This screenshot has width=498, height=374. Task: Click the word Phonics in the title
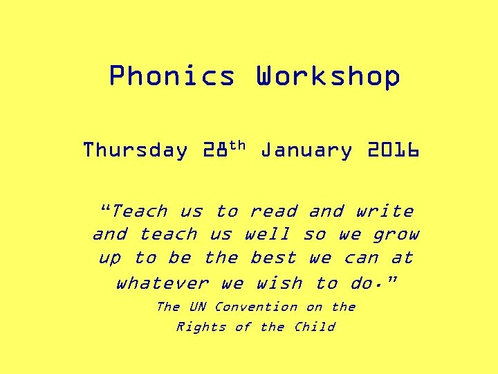click(172, 76)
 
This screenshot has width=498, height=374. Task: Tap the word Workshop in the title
click(328, 76)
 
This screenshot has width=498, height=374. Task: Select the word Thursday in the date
click(135, 150)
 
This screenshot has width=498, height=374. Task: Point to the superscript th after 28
click(237, 145)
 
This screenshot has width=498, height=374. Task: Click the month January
click(306, 150)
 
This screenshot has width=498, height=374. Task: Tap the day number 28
click(215, 150)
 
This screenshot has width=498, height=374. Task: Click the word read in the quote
click(273, 211)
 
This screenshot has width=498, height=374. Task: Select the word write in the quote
click(385, 211)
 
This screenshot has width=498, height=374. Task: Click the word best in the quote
click(273, 258)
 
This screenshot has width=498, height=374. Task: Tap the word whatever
click(162, 283)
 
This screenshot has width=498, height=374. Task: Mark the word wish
click(279, 283)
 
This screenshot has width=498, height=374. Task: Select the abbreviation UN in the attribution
click(197, 307)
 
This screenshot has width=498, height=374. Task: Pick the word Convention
click(256, 307)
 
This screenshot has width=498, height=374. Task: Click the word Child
click(314, 327)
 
